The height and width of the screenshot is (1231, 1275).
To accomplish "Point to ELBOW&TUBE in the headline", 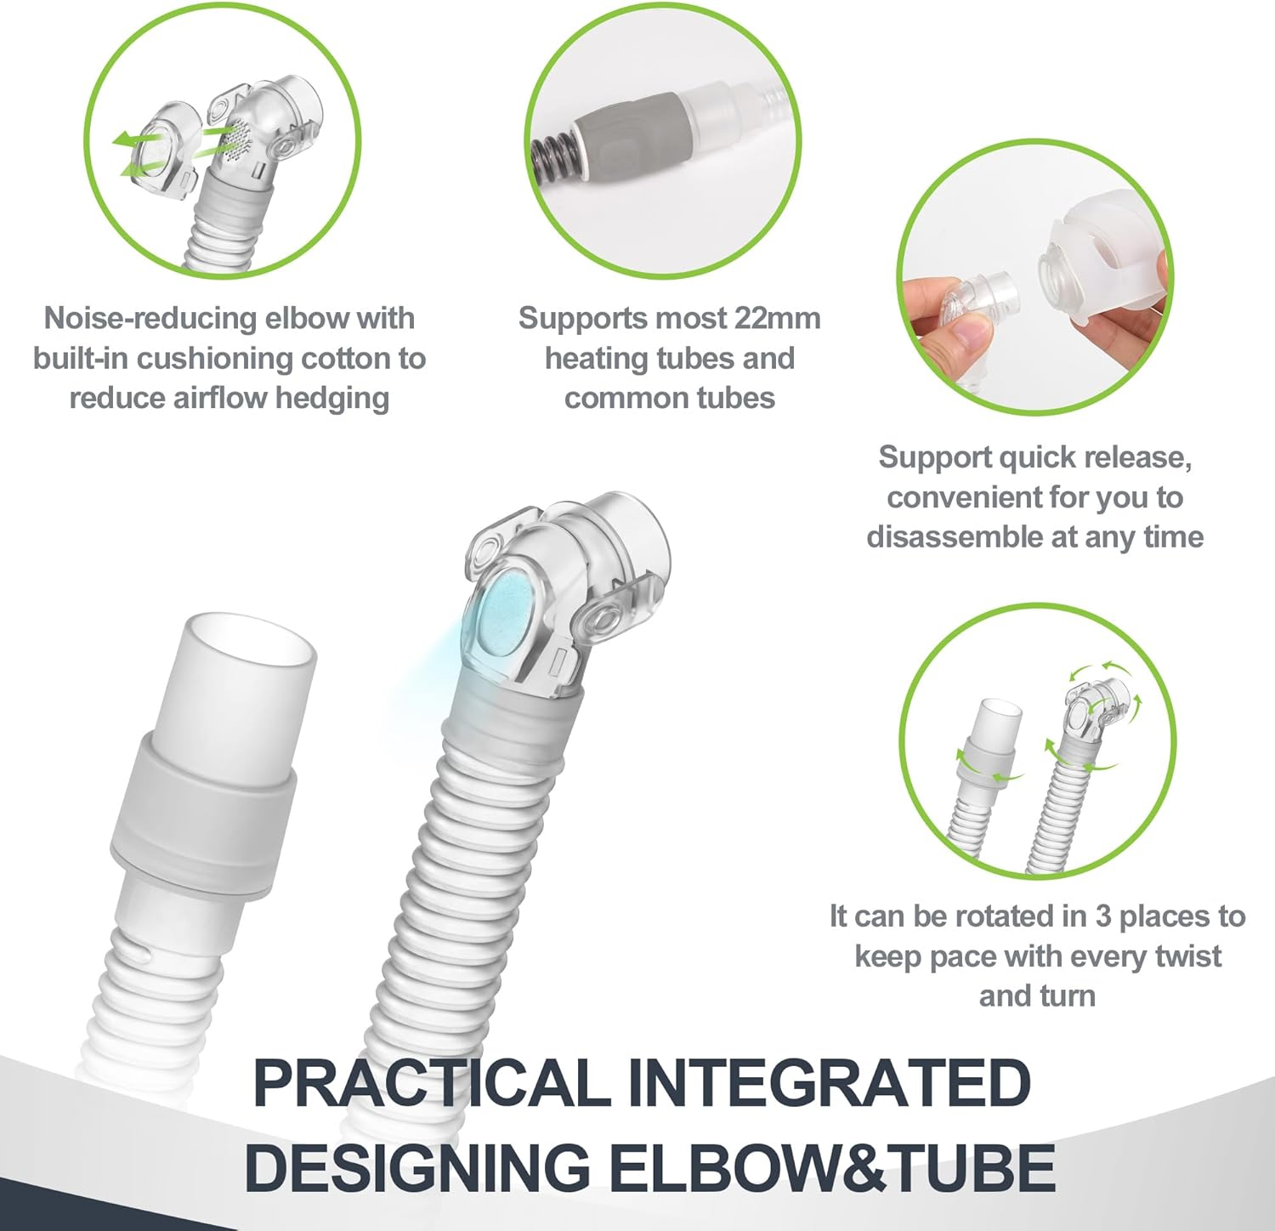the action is click(x=833, y=1166).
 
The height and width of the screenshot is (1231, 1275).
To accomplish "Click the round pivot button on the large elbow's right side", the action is click(x=603, y=617).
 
